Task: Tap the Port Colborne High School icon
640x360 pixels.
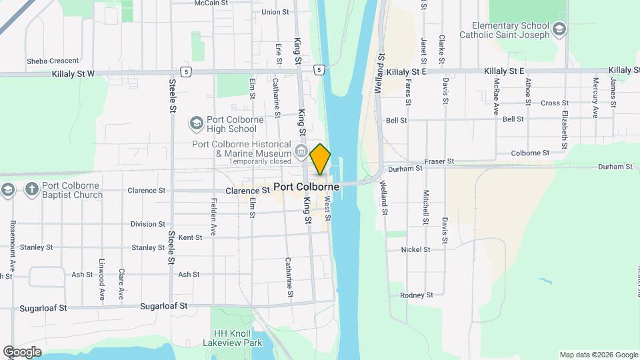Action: (x=196, y=123)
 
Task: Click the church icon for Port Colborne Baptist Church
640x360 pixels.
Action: (x=31, y=190)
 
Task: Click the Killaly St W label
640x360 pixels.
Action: (x=73, y=74)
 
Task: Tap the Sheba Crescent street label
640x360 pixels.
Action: (x=53, y=61)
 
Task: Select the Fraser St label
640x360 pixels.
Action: (x=440, y=161)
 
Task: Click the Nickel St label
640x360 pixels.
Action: (x=415, y=249)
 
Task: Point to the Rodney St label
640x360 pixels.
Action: (x=416, y=295)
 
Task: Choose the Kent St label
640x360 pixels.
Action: (x=190, y=237)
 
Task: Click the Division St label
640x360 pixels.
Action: (x=148, y=224)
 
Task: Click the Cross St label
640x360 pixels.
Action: (x=554, y=103)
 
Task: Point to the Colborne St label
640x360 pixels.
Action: (x=530, y=153)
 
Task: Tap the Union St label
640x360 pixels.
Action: (x=275, y=12)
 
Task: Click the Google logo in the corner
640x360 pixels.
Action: (x=22, y=352)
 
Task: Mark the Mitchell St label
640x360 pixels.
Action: (x=425, y=207)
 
